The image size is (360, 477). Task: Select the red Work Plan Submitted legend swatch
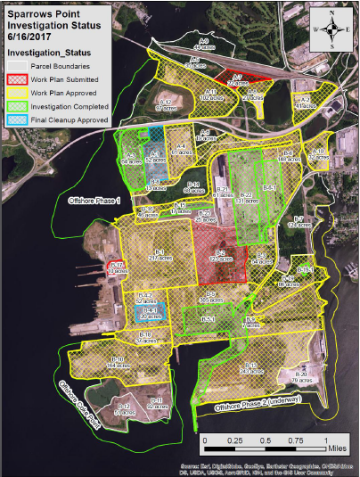17,78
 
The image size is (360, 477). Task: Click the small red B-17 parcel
115,268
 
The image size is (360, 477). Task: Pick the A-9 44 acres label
204,43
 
